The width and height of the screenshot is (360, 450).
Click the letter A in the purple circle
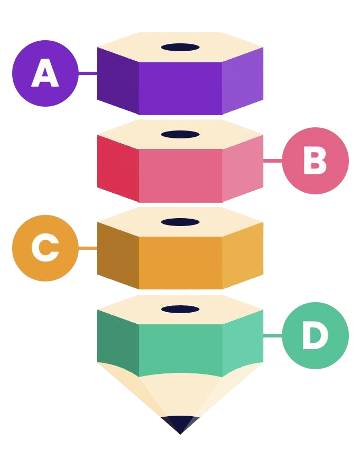pyautogui.click(x=45, y=73)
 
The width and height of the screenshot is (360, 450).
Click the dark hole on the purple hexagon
pyautogui.click(x=180, y=48)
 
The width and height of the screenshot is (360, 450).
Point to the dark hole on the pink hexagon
pyautogui.click(x=180, y=135)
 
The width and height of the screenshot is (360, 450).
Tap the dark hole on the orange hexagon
pyautogui.click(x=180, y=222)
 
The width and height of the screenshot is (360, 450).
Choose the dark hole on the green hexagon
pyautogui.click(x=180, y=309)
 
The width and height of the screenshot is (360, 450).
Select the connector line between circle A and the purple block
pyautogui.click(x=88, y=73)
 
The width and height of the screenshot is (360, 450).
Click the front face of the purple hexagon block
pyautogui.click(x=180, y=87)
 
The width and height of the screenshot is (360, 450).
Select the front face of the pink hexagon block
pyautogui.click(x=180, y=174)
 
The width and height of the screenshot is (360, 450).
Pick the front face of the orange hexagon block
pyautogui.click(x=180, y=261)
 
